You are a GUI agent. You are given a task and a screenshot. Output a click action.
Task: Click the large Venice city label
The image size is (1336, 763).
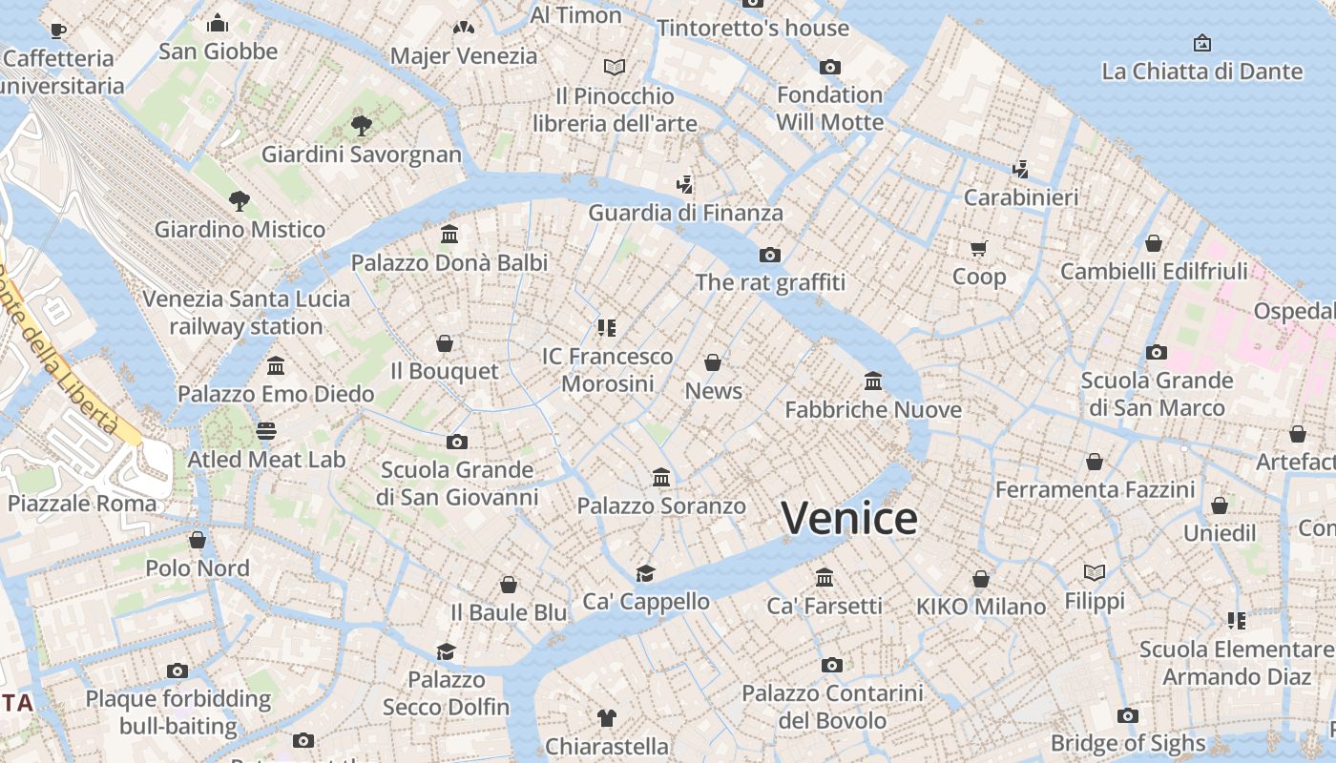tap(849, 519)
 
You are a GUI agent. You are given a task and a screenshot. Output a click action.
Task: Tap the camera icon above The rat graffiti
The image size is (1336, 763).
tap(770, 255)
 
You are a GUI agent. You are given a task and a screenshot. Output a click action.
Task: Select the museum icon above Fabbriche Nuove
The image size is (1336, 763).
tap(873, 381)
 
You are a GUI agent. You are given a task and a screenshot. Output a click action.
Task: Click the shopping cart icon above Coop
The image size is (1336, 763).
tap(978, 249)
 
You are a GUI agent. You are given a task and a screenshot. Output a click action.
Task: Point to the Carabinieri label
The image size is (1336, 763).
tap(1021, 197)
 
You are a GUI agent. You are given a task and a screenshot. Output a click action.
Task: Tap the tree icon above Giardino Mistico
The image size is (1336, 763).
tap(240, 201)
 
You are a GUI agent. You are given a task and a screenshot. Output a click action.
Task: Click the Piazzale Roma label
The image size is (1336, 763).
tap(82, 503)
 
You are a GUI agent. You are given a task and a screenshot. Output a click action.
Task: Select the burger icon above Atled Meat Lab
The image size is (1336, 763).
tap(266, 431)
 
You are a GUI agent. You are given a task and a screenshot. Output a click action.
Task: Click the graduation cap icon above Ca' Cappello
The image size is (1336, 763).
tap(646, 573)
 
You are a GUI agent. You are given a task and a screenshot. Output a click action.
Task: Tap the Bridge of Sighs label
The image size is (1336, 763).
tap(1128, 743)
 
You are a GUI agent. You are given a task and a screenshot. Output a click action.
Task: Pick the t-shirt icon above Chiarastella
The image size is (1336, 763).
tap(607, 717)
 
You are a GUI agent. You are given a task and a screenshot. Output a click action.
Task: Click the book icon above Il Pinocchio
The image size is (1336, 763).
tap(616, 67)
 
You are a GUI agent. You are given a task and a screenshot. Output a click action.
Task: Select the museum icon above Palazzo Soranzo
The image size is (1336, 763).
tap(661, 477)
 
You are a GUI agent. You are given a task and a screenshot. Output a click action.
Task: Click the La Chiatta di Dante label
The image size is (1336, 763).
tap(1201, 72)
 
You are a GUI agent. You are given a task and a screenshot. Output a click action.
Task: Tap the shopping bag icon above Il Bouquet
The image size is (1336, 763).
tap(445, 343)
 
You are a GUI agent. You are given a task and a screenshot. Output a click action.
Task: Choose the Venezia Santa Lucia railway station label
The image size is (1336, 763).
tap(246, 312)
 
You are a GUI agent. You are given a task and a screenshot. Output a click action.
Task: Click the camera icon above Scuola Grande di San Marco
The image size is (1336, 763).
tap(1157, 352)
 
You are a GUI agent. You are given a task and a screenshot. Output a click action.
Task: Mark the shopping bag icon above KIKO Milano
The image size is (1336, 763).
tap(981, 579)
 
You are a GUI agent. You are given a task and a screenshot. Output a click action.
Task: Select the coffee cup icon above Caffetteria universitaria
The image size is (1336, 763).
tap(58, 31)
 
